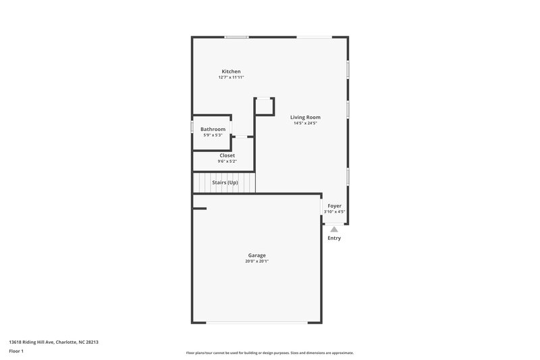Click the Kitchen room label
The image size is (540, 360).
click(231, 72)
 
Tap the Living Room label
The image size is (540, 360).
click(305, 117)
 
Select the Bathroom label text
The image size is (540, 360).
click(213, 129)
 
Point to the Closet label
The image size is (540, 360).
click(227, 155)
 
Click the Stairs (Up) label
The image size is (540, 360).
click(225, 182)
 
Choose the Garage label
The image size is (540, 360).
click(256, 255)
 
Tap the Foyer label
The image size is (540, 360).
click(335, 205)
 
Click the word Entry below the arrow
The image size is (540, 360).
click(334, 238)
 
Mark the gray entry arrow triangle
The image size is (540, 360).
click(334, 230)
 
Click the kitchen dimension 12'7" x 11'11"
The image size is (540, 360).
click(231, 78)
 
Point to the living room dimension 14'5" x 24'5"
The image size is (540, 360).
click(305, 123)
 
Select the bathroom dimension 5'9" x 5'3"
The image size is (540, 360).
click(213, 135)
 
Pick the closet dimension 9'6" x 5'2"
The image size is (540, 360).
click(227, 161)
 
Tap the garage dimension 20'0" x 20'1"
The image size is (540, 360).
click(256, 261)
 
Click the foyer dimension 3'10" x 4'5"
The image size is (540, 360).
click(335, 211)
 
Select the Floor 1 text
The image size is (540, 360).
click(16, 351)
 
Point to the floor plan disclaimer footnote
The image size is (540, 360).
click(270, 353)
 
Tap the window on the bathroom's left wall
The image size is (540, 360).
click(192, 127)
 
